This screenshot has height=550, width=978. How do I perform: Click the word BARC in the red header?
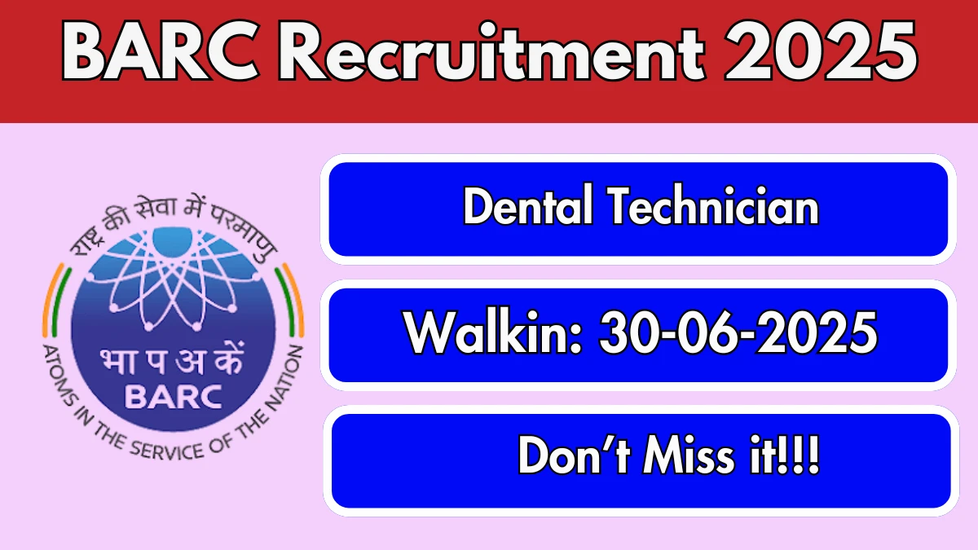(161, 51)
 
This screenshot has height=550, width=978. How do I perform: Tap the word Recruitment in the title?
(492, 51)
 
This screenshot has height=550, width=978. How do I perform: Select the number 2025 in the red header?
(821, 51)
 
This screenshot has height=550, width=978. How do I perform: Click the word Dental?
(528, 205)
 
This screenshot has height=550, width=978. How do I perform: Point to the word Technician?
(714, 205)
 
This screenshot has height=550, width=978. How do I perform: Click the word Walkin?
(492, 332)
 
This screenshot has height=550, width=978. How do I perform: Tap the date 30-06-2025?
(738, 332)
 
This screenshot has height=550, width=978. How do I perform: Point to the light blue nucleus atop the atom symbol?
(173, 241)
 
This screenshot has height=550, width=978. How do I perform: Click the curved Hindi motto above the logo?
(174, 222)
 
